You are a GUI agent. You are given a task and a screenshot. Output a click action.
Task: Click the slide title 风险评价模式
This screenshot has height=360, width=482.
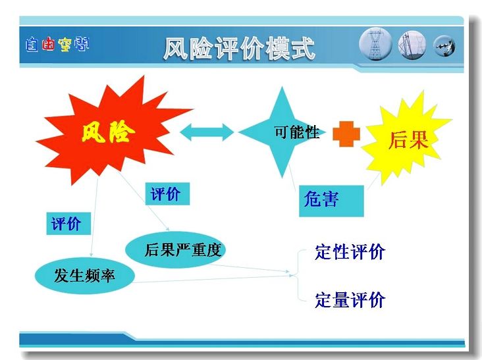click(239, 48)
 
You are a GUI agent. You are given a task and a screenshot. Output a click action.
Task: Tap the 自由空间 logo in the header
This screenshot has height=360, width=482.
click(57, 44)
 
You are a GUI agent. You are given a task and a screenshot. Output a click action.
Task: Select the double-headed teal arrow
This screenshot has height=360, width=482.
click(207, 132)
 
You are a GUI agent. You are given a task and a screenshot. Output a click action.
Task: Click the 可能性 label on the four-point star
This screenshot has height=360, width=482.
click(296, 132)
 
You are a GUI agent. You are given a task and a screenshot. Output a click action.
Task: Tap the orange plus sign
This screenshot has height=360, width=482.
click(346, 134)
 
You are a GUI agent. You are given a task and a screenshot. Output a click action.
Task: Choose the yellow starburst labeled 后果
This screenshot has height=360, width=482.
click(406, 138)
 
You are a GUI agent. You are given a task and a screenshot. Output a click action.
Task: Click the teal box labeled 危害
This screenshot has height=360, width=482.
click(331, 201)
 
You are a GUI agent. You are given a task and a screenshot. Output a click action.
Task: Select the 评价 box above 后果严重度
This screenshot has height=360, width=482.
click(167, 194)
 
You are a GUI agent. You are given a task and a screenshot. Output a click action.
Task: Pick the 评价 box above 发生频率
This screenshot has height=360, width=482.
click(68, 223)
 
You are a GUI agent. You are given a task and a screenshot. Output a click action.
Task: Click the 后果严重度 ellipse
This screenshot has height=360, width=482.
click(176, 249)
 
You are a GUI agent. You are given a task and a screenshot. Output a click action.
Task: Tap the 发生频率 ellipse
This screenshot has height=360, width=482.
click(85, 275)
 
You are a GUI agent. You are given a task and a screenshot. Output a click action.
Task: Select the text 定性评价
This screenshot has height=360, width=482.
click(350, 252)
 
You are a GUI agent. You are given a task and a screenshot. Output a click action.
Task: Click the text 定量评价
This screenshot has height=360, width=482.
click(350, 300)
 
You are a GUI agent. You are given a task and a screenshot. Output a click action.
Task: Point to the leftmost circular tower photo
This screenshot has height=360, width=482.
click(375, 44)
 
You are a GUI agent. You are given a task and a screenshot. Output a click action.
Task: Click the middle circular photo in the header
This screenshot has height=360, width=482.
click(412, 45)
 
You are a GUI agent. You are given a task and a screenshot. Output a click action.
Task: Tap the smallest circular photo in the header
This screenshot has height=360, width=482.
click(444, 46)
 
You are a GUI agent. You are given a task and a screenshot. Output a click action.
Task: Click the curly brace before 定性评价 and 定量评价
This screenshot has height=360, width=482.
click(298, 275)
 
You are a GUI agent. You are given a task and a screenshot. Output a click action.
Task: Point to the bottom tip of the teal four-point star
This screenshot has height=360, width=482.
click(282, 178)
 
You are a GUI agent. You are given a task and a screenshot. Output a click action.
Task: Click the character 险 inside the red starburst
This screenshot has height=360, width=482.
click(122, 132)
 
